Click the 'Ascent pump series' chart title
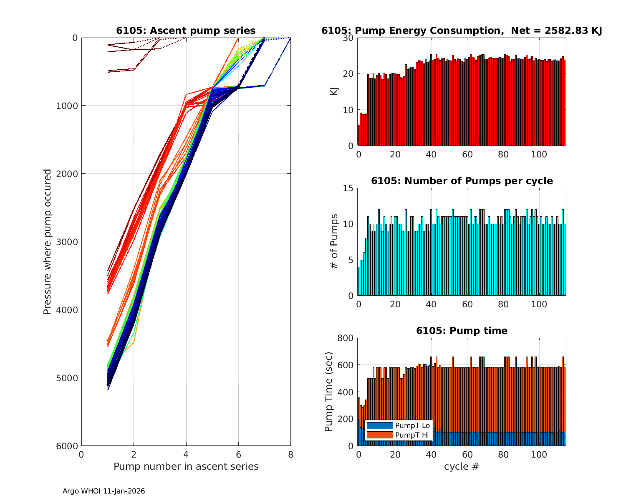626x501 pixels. tap(186, 30)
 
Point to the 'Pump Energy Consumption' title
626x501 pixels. tap(462, 30)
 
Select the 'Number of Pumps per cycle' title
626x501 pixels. tap(462, 181)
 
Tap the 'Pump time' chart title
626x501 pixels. tap(462, 331)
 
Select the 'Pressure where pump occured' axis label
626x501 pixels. tap(47, 242)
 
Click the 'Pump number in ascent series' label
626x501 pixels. tap(186, 466)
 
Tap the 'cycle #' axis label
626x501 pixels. tap(462, 466)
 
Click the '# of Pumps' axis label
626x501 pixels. tap(334, 242)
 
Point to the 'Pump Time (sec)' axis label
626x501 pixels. tap(328, 392)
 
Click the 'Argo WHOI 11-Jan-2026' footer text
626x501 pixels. tap(104, 491)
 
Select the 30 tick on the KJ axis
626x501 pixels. tap(349, 38)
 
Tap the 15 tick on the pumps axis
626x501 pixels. tap(349, 188)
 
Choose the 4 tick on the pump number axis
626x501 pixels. tap(186, 454)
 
